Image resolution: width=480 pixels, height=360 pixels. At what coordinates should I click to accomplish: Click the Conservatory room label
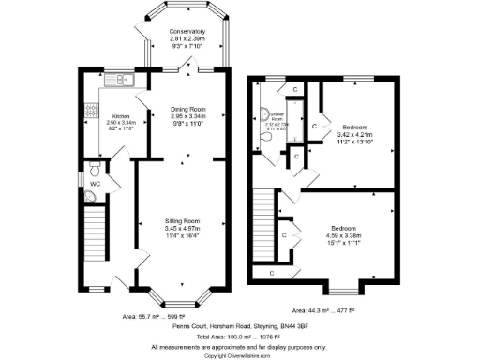pyautogui.click(x=187, y=33)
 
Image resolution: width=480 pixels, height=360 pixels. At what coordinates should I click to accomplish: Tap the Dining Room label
pyautogui.click(x=187, y=110)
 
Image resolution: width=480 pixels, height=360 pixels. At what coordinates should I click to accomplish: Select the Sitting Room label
pyautogui.click(x=183, y=220)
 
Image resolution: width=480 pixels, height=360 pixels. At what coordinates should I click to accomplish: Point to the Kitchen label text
pyautogui.click(x=122, y=116)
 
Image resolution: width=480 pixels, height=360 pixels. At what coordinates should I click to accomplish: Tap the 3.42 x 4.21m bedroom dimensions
pyautogui.click(x=354, y=133)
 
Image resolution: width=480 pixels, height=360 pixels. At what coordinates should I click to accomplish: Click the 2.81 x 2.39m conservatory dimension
pyautogui.click(x=187, y=40)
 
